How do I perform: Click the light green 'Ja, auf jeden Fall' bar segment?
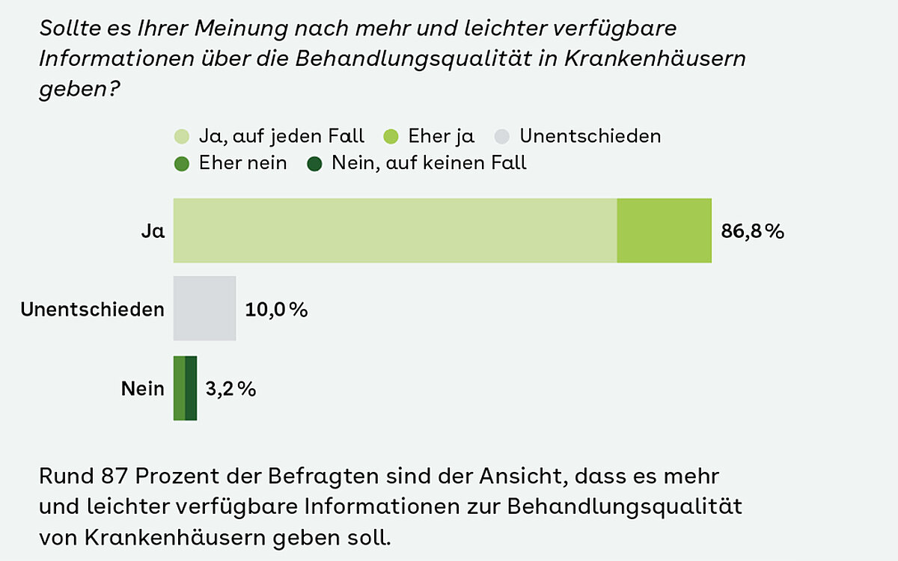pos(395,230)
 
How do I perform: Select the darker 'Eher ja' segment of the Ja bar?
pos(664,230)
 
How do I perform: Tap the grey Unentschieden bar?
pos(204,308)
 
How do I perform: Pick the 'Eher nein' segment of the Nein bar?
pos(179,388)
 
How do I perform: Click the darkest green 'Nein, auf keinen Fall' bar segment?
pos(191,388)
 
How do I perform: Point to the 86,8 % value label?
pos(752,231)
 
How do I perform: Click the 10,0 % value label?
pos(276,309)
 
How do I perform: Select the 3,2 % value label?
pos(230,389)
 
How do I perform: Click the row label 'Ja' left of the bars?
pos(153,231)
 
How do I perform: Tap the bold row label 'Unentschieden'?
pos(92,309)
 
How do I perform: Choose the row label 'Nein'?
pos(143,389)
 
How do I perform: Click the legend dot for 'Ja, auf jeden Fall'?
pos(182,137)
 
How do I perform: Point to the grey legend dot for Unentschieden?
pos(502,137)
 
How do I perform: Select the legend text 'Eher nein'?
pos(242,163)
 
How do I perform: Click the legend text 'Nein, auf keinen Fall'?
pos(429,163)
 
